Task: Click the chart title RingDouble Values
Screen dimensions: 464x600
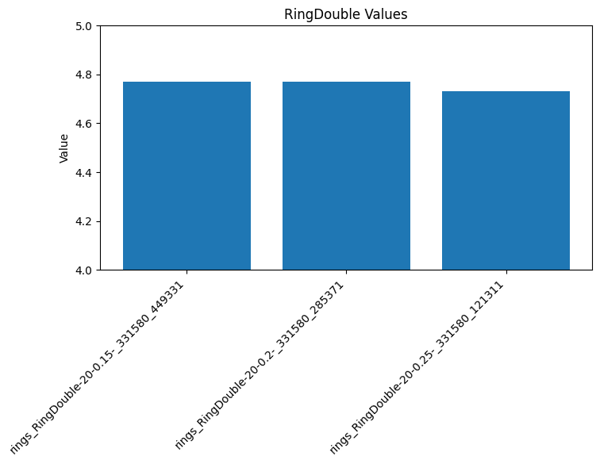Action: click(x=345, y=14)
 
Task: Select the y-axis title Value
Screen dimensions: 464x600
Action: click(x=64, y=148)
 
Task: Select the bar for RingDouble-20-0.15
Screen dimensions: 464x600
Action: click(x=187, y=176)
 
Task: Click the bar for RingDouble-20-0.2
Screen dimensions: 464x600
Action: click(x=346, y=176)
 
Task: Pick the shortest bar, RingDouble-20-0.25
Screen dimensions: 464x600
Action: click(x=506, y=181)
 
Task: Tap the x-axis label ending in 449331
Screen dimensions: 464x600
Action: click(x=99, y=365)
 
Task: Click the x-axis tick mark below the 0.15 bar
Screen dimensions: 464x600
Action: click(x=187, y=273)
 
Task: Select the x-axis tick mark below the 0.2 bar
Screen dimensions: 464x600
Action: click(x=346, y=273)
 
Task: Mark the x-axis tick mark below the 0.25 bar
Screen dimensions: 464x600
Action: click(x=506, y=273)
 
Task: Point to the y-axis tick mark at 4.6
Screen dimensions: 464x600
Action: click(x=98, y=124)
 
